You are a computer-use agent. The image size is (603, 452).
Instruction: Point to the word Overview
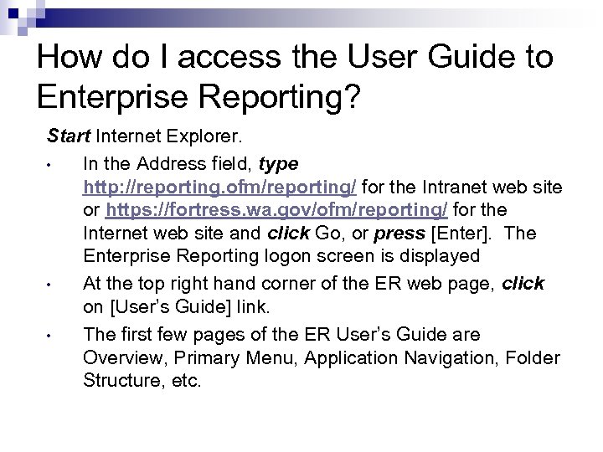(120, 358)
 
